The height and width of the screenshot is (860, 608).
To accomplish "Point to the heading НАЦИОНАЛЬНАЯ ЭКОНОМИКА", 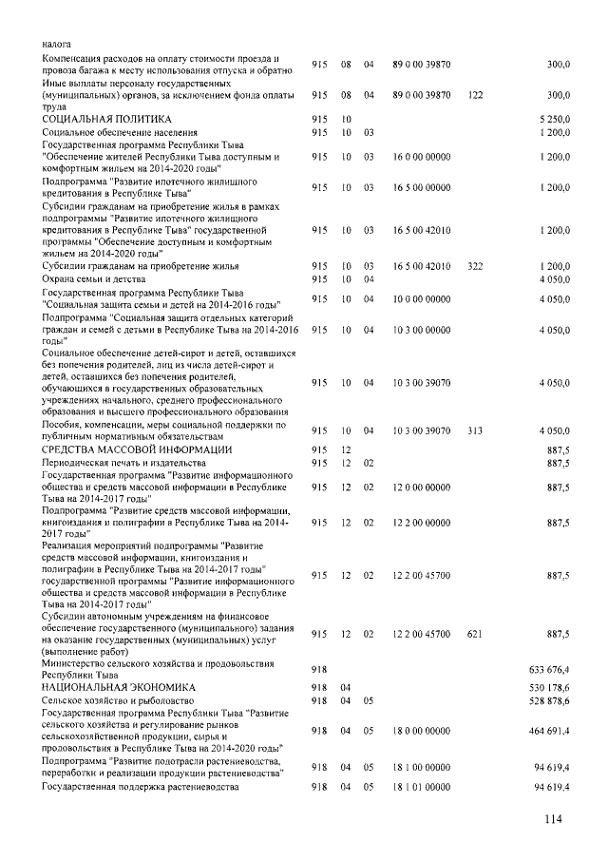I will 118,686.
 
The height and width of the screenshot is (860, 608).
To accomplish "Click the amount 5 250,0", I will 553,119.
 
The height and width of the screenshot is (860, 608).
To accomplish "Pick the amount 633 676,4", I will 548,670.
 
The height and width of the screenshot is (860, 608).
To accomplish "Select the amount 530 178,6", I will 548,686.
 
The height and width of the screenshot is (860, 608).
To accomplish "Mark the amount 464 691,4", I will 548,733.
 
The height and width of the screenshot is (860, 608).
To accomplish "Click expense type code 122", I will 476,96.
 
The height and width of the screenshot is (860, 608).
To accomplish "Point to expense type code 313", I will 476,431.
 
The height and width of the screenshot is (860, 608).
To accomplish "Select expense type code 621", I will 476,634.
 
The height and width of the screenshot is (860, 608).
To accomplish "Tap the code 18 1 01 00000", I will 421,788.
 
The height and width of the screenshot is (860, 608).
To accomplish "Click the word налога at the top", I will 56,44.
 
